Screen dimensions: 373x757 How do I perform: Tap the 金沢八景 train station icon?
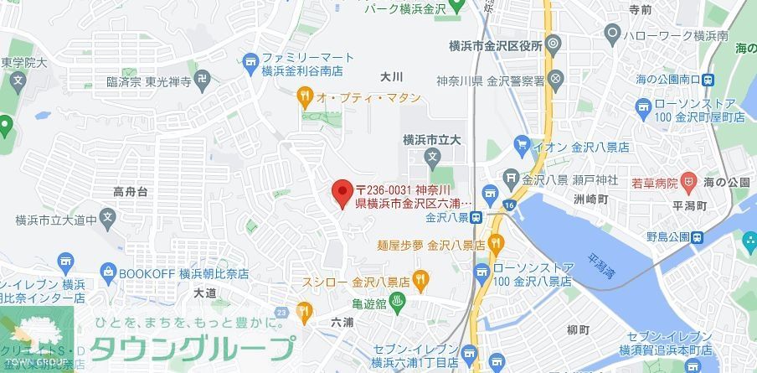click(x=476, y=217)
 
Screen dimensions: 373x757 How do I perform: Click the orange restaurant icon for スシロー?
click(x=420, y=277)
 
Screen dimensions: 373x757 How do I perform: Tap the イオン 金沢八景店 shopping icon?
click(x=522, y=145)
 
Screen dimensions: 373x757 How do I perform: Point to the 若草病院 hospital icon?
click(x=688, y=181)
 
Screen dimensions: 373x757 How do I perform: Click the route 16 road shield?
click(x=508, y=204)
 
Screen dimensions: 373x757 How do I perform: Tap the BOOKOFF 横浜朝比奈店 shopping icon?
click(x=107, y=272)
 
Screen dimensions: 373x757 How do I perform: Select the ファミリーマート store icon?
click(x=250, y=60)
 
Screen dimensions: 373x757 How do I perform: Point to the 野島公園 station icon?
click(x=698, y=237)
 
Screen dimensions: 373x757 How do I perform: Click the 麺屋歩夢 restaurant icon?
click(x=496, y=246)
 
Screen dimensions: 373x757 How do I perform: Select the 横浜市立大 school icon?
click(x=432, y=157)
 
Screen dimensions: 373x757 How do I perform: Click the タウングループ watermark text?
click(x=193, y=347)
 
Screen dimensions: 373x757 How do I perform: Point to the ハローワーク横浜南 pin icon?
click(x=612, y=35)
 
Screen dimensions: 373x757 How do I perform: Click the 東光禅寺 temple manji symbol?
click(x=202, y=82)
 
